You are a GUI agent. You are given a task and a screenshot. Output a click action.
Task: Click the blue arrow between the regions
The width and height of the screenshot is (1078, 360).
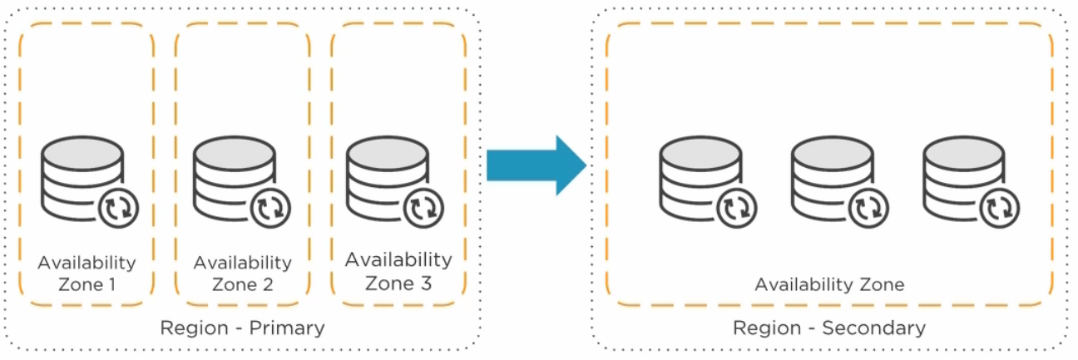(x=537, y=165)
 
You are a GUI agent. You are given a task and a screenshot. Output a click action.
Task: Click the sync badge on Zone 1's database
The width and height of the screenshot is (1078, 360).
(x=118, y=207)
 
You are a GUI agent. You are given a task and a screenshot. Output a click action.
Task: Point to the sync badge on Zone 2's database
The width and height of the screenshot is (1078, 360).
(x=270, y=207)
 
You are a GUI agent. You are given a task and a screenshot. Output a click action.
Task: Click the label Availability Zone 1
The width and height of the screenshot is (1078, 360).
(x=87, y=274)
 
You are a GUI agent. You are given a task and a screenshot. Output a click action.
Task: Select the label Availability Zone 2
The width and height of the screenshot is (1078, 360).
(x=242, y=274)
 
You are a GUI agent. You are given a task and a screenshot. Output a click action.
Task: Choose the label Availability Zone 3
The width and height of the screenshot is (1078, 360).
(x=398, y=271)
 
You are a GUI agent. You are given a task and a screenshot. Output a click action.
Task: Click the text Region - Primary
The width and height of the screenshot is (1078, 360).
(x=242, y=328)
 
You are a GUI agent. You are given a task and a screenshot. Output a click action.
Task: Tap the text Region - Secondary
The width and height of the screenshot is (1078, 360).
(x=828, y=328)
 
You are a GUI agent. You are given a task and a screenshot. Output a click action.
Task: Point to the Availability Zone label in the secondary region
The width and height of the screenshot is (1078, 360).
(x=828, y=284)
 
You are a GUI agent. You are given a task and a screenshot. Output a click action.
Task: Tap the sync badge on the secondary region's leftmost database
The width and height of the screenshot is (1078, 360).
(x=736, y=207)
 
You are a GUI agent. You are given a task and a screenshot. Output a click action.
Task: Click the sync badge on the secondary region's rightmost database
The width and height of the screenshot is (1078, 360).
(x=1000, y=207)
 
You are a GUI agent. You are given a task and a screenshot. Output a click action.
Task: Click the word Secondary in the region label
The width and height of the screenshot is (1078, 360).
(x=873, y=328)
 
